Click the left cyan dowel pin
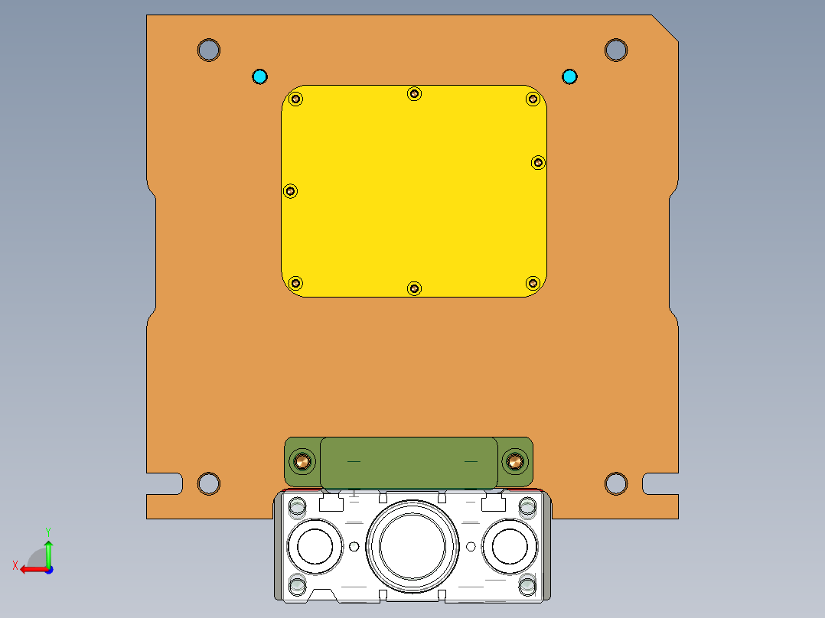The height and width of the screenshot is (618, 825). pyautogui.click(x=260, y=76)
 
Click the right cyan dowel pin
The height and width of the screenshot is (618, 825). pyautogui.click(x=569, y=76)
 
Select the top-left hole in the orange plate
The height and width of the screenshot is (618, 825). pyautogui.click(x=208, y=50)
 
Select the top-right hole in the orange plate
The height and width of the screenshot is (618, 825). pyautogui.click(x=616, y=50)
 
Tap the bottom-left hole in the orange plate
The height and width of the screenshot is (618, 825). pyautogui.click(x=208, y=483)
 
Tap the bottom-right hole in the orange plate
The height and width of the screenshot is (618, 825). pyautogui.click(x=616, y=483)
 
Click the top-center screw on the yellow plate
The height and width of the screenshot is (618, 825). pyautogui.click(x=414, y=93)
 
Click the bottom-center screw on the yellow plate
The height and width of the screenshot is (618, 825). pyautogui.click(x=414, y=288)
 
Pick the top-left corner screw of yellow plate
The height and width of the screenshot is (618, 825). pyautogui.click(x=297, y=99)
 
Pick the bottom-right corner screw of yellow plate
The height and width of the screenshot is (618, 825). pyautogui.click(x=533, y=283)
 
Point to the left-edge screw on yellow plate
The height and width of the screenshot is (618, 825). pyautogui.click(x=290, y=191)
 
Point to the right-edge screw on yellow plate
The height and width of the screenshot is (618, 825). pyautogui.click(x=538, y=162)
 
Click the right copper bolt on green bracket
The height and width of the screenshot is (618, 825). pyautogui.click(x=514, y=461)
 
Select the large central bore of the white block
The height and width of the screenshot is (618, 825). pyautogui.click(x=412, y=546)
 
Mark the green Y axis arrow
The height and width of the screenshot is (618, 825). pyautogui.click(x=48, y=551)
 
